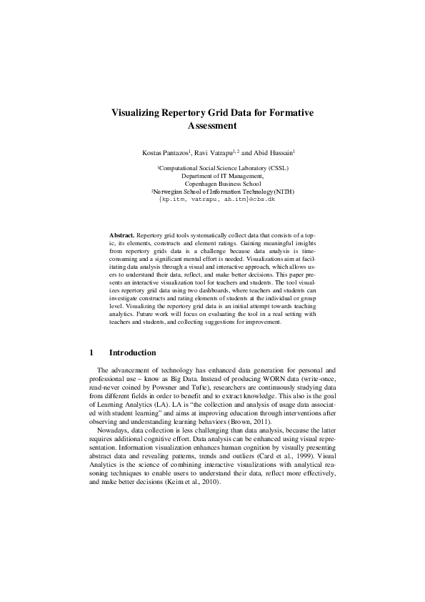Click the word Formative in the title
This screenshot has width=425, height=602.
pos(290,113)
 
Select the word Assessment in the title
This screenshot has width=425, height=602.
pos(212,126)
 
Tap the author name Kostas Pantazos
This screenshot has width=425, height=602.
pos(164,152)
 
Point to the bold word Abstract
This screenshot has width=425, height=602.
pos(121,235)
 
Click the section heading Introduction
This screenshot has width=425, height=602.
pos(132,352)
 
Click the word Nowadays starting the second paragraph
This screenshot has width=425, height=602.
pos(114,424)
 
